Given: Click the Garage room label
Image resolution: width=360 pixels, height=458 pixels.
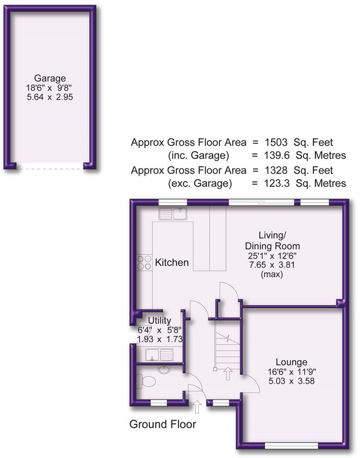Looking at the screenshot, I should tap(50, 78).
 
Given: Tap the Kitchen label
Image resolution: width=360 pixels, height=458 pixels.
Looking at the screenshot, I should tap(172, 263).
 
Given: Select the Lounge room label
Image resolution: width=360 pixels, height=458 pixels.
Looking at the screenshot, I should tap(291, 362).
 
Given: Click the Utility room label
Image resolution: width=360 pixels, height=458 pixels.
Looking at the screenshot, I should tap(156, 321).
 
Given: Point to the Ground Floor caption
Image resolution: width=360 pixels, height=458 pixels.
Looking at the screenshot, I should tap(163, 424).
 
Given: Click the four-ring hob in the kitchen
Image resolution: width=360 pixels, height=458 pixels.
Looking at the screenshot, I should tap(145, 262).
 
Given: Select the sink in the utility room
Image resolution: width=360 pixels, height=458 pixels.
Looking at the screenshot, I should tap(159, 354).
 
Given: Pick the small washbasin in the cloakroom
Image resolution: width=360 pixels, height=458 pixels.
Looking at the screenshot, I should tap(163, 368).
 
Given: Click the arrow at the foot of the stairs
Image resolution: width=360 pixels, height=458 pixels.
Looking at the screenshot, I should tap(228, 373).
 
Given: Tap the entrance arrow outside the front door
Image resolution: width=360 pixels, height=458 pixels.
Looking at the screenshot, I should tap(197, 406).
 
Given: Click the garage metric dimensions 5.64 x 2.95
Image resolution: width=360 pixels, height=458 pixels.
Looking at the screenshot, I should tap(50, 97).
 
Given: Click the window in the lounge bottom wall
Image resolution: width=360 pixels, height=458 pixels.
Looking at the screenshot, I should tap(291, 444).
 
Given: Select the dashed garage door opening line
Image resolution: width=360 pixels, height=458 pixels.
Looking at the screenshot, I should tap(50, 169).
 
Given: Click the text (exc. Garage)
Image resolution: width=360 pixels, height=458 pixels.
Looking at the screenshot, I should tap(200, 184).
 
